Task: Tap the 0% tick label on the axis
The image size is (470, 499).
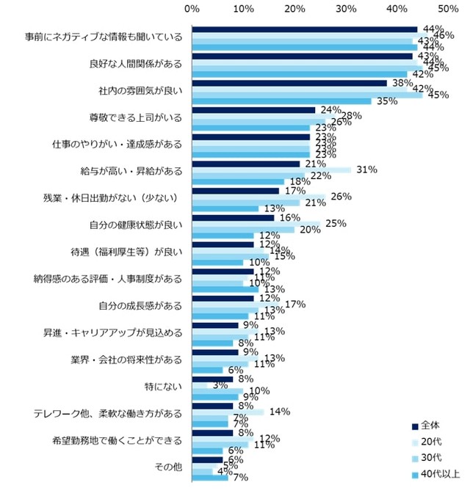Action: tap(192, 9)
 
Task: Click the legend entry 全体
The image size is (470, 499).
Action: tap(433, 426)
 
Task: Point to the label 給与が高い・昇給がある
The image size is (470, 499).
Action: tap(131, 170)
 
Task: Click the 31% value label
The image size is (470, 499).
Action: tap(366, 170)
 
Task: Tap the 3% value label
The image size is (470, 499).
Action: tap(219, 385)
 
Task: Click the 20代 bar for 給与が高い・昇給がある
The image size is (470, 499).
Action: tap(271, 170)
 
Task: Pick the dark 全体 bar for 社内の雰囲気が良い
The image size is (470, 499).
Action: tap(289, 83)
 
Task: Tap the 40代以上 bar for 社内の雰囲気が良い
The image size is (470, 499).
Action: tap(281, 101)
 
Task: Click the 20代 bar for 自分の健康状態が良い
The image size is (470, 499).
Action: tap(256, 223)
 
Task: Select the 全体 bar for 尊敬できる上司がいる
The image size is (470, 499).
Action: tap(253, 110)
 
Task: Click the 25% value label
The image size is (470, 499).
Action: tap(336, 223)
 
